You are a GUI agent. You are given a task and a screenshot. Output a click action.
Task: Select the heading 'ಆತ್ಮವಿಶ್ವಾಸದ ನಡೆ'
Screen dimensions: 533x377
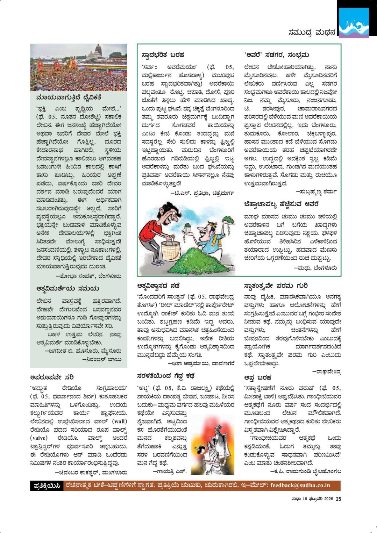coord(159,286)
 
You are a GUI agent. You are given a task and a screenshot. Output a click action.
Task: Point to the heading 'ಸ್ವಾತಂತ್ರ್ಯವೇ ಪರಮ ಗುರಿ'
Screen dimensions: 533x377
coord(276,286)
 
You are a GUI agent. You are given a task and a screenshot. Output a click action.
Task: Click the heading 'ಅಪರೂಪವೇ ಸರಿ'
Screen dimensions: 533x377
coord(52,377)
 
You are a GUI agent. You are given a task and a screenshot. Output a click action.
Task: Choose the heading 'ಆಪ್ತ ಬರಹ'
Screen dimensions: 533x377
coord(258,377)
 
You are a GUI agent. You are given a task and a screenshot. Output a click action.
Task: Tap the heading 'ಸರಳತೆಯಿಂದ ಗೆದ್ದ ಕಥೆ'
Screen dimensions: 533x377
coord(166,376)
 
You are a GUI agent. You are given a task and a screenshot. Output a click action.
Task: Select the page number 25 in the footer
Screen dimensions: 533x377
coord(338,499)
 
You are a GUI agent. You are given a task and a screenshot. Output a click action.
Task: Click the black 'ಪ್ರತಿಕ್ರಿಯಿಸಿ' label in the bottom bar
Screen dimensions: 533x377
coord(47,486)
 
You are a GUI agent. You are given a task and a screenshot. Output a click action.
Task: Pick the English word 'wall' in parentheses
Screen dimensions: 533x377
coord(118,421)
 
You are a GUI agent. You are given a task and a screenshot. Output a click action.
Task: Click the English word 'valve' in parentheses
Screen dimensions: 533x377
coord(41,438)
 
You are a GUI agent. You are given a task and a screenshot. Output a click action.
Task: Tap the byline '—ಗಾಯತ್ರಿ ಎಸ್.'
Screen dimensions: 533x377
coord(170,471)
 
